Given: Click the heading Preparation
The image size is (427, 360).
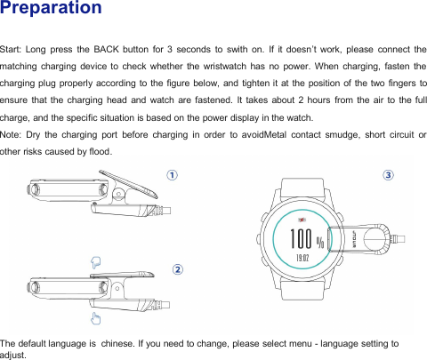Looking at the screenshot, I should coord(51,10).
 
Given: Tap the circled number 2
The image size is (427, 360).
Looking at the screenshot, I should coord(178,268).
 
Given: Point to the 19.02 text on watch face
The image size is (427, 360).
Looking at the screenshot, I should coord(302,259).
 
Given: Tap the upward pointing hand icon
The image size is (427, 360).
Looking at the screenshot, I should coord(95,317).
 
